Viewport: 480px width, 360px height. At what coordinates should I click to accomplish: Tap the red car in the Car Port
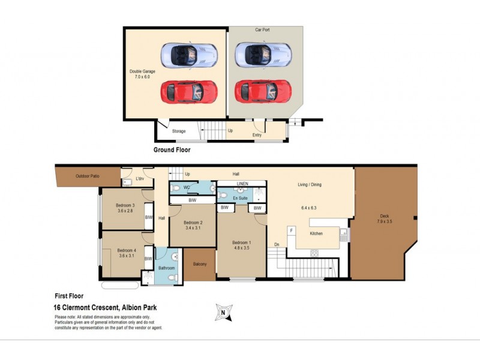point(263,92)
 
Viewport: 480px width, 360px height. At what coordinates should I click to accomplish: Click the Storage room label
point(179,131)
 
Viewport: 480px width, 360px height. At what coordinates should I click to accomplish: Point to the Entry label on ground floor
point(257,135)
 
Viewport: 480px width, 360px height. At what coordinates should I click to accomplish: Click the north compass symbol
point(223,312)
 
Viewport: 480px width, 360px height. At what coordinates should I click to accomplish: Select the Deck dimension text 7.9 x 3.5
point(384,222)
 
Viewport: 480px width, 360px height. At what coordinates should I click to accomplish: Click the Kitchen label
point(317,233)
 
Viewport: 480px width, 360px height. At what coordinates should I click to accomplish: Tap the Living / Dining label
point(310,184)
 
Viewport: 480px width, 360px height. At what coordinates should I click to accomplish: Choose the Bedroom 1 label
point(241,243)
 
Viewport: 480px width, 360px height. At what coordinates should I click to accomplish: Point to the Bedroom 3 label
point(125,206)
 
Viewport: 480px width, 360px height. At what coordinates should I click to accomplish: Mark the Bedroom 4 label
point(126,250)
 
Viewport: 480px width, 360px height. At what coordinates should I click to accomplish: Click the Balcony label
point(200,265)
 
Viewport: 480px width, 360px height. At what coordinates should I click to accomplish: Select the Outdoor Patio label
point(88,176)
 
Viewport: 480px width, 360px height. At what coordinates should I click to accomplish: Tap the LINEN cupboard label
point(242,183)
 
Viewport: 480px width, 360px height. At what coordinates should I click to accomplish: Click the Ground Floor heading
point(172,150)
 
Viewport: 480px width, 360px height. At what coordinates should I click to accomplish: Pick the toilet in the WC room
point(175,188)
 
